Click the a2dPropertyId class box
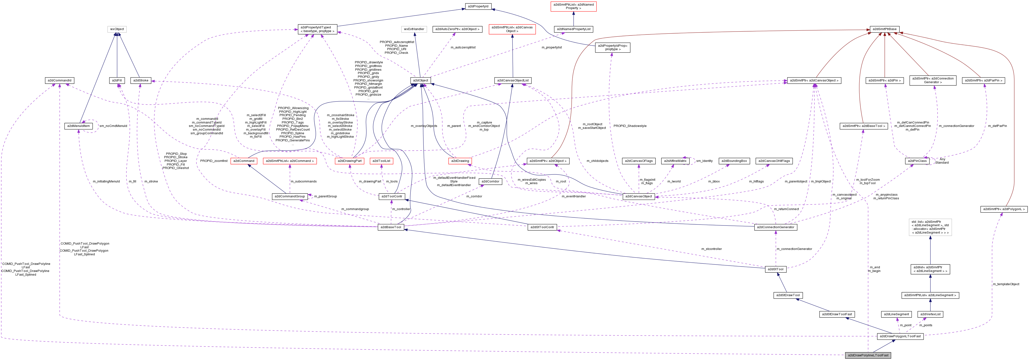pos(478,6)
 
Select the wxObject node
pos(117,29)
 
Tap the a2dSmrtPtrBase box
pos(884,29)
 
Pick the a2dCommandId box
pos(59,80)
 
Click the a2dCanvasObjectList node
pos(513,80)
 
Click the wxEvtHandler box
pos(414,29)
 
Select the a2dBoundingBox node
pos(734,161)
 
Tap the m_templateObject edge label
pos(1006,284)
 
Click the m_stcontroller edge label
pos(712,249)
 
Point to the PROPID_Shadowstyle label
pos(630,126)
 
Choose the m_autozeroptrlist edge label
pos(463,47)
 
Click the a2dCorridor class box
pos(490,181)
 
